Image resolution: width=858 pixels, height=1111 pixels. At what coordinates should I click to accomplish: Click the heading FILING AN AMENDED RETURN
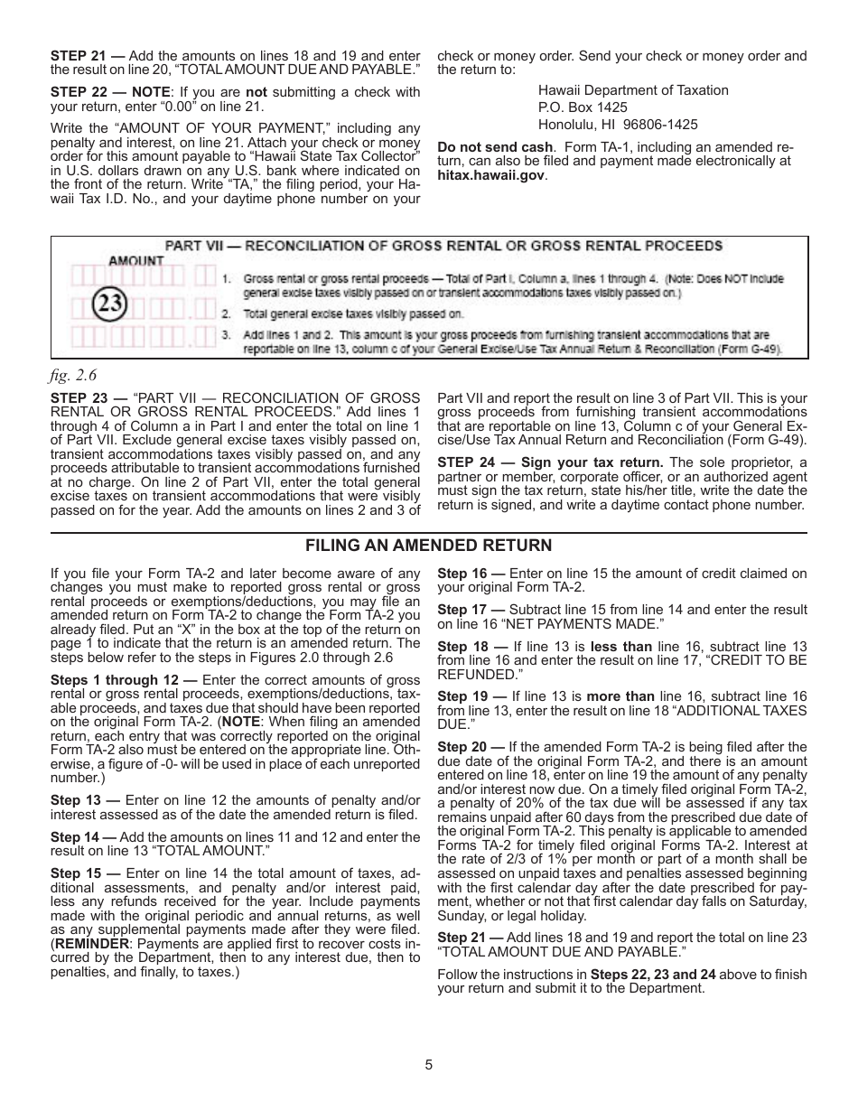(428, 546)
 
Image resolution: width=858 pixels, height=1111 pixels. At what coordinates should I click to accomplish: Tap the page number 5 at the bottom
(429, 1064)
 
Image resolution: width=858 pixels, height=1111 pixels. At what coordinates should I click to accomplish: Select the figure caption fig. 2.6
(72, 373)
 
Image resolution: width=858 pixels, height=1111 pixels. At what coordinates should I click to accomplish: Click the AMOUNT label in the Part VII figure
(137, 260)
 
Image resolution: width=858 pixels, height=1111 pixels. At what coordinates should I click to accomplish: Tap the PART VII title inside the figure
(443, 246)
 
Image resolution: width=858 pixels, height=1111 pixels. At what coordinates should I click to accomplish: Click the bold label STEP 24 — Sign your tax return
(551, 463)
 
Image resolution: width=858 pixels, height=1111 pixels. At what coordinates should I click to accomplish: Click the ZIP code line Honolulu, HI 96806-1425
(618, 125)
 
